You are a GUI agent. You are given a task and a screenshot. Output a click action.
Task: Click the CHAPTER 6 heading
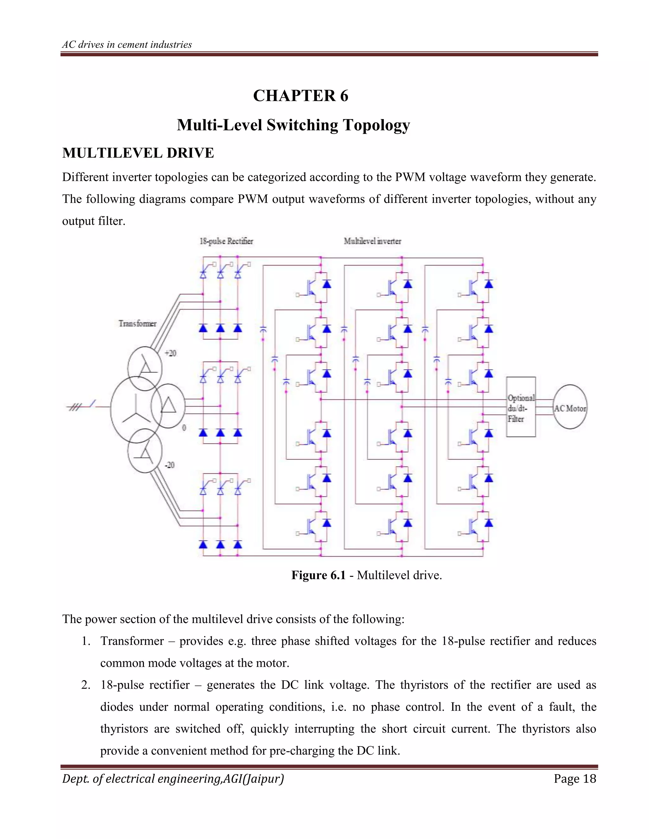coord(300,96)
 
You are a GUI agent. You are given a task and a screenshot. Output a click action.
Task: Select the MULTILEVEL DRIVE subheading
coord(138,153)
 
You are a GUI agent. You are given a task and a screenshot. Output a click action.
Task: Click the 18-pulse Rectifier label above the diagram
coord(226,241)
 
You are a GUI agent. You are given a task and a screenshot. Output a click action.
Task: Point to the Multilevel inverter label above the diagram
coord(372,241)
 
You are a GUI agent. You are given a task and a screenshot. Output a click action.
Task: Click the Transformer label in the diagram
coord(137,324)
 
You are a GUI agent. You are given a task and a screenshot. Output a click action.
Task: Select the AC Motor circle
coord(570,407)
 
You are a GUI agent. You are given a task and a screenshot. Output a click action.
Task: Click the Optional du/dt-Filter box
coord(521,407)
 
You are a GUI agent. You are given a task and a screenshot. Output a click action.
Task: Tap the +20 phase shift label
coord(170,353)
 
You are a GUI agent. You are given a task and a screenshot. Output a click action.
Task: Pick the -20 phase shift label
coord(170,465)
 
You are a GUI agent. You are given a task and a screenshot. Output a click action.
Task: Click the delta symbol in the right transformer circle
coord(168,406)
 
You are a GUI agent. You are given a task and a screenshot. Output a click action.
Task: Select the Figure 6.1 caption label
coord(318,575)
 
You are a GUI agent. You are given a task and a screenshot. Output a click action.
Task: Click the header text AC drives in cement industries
coord(127,45)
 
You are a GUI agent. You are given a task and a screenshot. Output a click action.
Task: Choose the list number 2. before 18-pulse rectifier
coord(86,685)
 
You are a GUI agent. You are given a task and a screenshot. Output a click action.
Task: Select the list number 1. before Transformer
coord(86,641)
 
